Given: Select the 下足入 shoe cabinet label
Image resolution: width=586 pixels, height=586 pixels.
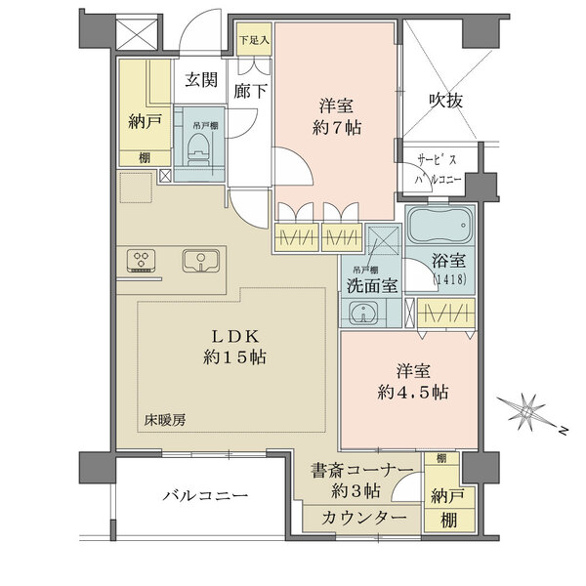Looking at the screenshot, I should pos(255,41).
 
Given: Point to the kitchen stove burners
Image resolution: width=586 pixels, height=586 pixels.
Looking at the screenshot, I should pos(143,261).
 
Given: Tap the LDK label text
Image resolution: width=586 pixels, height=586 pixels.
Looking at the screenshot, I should pos(234,335).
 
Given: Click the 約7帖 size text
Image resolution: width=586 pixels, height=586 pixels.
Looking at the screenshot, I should pos(339,127).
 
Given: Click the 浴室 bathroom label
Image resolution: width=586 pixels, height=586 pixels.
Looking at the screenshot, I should pos(451,261).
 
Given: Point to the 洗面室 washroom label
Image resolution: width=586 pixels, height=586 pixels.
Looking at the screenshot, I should pos(368,287).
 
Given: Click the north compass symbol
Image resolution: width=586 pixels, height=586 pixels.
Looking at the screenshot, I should pos(528,413).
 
